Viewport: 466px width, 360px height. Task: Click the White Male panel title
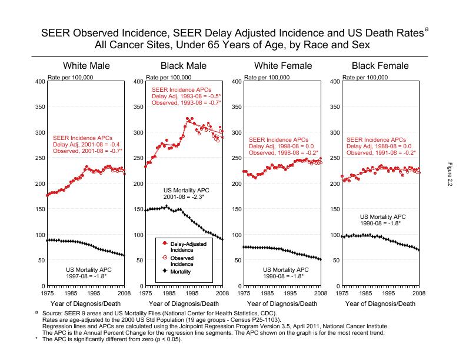click(x=86, y=66)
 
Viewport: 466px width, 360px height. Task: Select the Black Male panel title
click(x=183, y=66)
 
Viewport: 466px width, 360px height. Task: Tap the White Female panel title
click(x=281, y=66)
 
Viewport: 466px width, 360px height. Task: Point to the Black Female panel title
click(x=380, y=66)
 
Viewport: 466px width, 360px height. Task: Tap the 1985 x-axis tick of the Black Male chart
click(x=168, y=292)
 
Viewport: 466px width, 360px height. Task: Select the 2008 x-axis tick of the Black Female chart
click(x=418, y=292)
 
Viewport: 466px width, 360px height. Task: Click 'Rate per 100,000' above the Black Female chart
click(x=365, y=77)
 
